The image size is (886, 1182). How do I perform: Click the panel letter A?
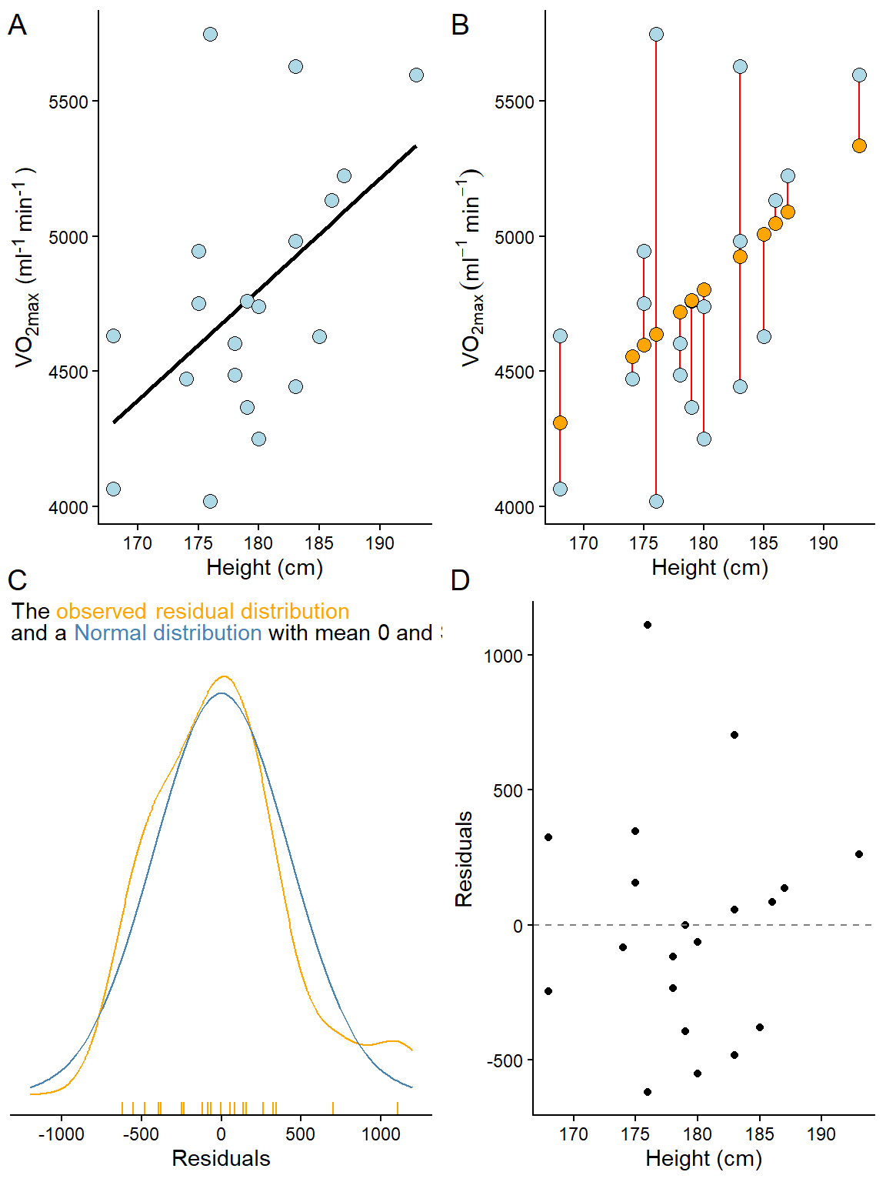click(x=17, y=25)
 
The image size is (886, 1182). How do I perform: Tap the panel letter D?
click(x=460, y=580)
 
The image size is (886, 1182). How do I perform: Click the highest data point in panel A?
click(x=210, y=34)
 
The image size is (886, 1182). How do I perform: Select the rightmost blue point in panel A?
click(x=416, y=75)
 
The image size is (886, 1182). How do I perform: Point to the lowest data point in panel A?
click(x=210, y=501)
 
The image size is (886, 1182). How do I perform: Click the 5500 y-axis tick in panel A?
click(x=68, y=102)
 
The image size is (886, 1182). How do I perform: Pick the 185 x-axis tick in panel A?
click(x=319, y=543)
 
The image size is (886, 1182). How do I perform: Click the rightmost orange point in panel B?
click(x=859, y=145)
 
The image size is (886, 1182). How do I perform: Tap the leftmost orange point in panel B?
click(x=560, y=422)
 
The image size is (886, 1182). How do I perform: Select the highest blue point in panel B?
click(x=656, y=34)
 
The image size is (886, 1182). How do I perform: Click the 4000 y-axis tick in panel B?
click(x=515, y=507)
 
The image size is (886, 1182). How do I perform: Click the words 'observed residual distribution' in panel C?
click(x=202, y=611)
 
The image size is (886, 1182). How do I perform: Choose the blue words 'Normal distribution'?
click(x=168, y=633)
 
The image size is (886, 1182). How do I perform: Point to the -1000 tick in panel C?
click(x=62, y=1134)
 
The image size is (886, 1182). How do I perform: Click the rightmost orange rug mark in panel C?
click(x=397, y=1108)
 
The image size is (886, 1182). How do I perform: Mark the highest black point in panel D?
click(x=648, y=625)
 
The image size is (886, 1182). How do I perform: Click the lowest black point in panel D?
click(x=648, y=1092)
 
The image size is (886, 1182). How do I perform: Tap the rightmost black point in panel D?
click(x=859, y=854)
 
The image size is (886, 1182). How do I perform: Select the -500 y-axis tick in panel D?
click(x=505, y=1061)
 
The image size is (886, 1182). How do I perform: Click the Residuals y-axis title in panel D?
click(x=464, y=859)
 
